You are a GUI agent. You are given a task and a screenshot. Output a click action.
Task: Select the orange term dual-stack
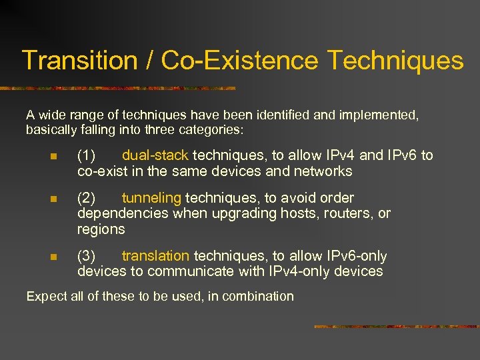click(x=155, y=155)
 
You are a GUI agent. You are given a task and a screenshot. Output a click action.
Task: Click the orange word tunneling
click(x=151, y=198)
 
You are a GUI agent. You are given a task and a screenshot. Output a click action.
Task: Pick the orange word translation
click(x=155, y=256)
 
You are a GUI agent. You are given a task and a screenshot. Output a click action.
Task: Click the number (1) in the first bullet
click(x=87, y=155)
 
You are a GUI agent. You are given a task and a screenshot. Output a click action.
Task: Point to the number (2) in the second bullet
click(x=87, y=198)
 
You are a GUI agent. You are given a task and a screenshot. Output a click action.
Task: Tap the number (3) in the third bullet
click(x=87, y=256)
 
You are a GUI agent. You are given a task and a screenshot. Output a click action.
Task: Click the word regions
click(x=101, y=229)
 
